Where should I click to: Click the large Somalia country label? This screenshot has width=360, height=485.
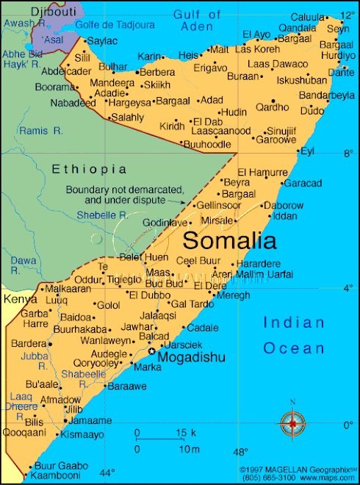[229, 240]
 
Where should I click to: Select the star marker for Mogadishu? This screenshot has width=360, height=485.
[152, 351]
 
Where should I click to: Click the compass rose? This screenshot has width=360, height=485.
[292, 423]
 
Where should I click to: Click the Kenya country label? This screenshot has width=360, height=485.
[20, 299]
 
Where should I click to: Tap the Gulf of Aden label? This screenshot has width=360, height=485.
[198, 20]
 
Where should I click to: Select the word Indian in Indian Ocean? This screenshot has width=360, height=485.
[294, 323]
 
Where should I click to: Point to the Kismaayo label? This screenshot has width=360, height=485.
[83, 434]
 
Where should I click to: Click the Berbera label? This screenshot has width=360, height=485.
[157, 72]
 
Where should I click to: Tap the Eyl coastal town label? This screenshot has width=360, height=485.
[307, 151]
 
